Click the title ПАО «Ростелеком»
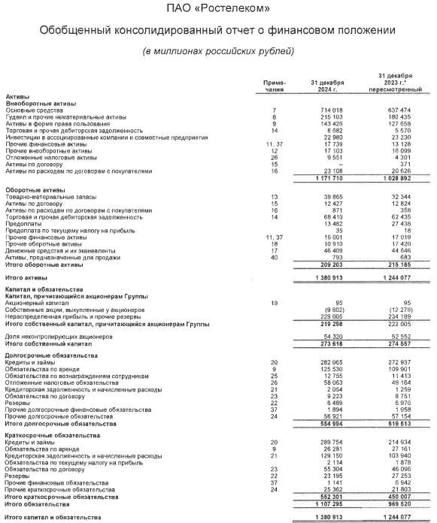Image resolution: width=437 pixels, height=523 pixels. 218,9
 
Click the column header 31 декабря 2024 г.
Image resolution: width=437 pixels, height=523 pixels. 327,86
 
